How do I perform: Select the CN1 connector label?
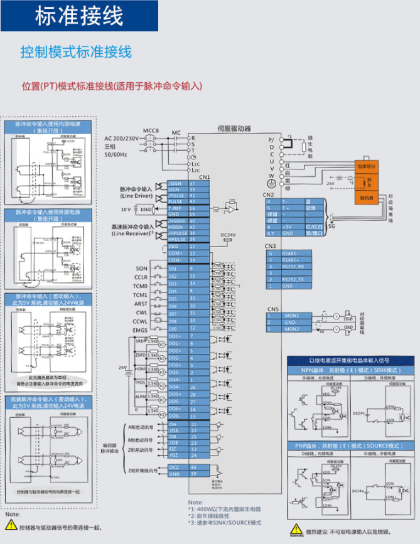click(x=203, y=178)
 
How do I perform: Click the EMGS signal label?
click(x=141, y=329)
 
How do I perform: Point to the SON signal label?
click(x=141, y=269)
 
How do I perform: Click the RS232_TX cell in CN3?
click(x=294, y=279)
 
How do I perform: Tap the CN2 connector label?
click(x=269, y=195)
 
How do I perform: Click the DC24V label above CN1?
click(x=229, y=235)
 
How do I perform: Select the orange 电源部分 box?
click(x=367, y=166)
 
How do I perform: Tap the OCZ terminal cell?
click(x=175, y=468)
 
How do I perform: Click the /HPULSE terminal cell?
click(x=178, y=239)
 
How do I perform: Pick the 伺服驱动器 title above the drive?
click(x=234, y=128)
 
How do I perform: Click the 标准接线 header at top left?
click(x=79, y=16)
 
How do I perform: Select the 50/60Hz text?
click(x=117, y=154)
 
